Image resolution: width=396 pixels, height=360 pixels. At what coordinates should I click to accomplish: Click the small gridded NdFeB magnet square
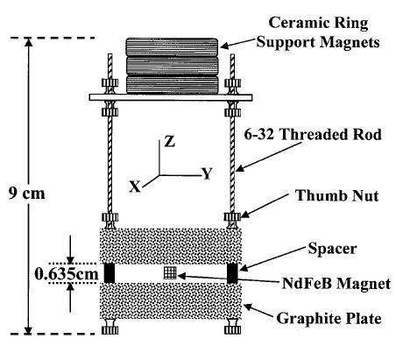point(170,272)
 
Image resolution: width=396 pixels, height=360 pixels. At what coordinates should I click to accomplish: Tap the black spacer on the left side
point(110,273)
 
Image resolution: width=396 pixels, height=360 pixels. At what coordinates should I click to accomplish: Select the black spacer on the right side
point(232,273)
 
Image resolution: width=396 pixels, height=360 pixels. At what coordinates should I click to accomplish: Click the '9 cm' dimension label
point(26,194)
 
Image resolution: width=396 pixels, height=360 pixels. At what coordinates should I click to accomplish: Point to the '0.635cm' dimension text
point(67,274)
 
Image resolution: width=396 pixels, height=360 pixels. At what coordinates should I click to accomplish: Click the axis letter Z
point(169,142)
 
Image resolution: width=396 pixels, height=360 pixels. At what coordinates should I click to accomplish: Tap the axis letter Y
point(207,173)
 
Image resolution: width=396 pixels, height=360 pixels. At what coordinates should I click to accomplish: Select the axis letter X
point(135,187)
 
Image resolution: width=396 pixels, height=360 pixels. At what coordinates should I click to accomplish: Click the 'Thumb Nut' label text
point(337,195)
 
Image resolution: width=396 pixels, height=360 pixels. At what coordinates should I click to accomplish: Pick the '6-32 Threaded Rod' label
point(313,135)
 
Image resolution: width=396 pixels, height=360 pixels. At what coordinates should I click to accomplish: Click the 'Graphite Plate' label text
point(329,318)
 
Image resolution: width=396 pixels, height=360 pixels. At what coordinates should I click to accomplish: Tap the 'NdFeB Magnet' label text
point(336,283)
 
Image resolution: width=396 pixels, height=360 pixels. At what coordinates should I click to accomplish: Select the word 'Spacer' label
point(332,249)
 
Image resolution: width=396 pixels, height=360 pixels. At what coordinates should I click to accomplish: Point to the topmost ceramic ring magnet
point(172,47)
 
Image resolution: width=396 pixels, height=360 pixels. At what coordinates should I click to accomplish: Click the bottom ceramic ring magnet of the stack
point(172,85)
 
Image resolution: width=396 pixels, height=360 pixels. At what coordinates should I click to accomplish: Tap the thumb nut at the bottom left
point(110,330)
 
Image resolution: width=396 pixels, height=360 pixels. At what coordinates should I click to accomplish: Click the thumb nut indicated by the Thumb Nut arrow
point(232,216)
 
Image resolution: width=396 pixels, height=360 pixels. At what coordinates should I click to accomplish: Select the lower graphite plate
point(171,301)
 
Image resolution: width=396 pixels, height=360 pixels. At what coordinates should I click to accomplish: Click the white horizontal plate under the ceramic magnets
point(171,97)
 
